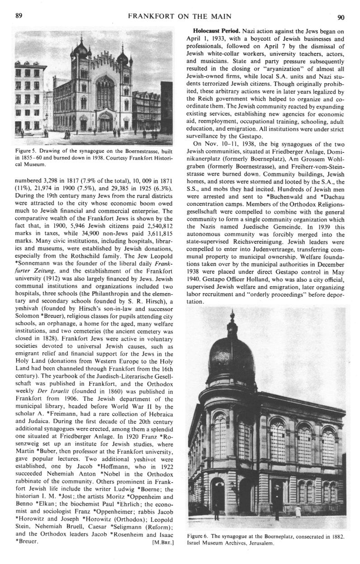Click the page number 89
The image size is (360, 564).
coord(19,17)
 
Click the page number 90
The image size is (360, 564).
coord(341,17)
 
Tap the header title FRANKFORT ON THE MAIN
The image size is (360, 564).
coord(180,17)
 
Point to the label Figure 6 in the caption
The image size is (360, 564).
coord(199,536)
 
